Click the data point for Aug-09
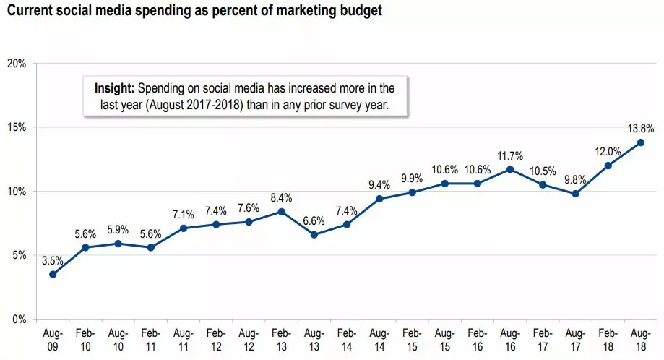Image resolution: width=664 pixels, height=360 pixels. pyautogui.click(x=53, y=274)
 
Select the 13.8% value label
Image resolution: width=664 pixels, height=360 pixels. pyautogui.click(x=641, y=129)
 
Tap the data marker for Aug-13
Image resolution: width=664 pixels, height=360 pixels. pyautogui.click(x=313, y=234)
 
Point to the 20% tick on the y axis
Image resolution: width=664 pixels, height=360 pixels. pyautogui.click(x=17, y=64)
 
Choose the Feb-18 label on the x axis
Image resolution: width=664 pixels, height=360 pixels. pyautogui.click(x=608, y=340)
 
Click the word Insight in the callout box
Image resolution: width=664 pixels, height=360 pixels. pyautogui.click(x=114, y=89)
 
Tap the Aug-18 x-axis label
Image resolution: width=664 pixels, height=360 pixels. pyautogui.click(x=640, y=340)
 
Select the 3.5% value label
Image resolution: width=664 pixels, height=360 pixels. pyautogui.click(x=53, y=260)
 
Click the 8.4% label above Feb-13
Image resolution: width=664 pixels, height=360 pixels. pyautogui.click(x=281, y=197)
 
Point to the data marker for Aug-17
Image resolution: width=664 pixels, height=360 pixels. pyautogui.click(x=576, y=194)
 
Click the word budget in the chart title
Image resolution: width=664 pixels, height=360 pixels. pyautogui.click(x=360, y=12)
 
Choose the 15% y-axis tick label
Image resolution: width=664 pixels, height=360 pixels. pyautogui.click(x=17, y=127)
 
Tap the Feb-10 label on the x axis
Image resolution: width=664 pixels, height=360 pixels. pyautogui.click(x=85, y=340)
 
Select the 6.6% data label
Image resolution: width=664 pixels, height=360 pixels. pyautogui.click(x=314, y=220)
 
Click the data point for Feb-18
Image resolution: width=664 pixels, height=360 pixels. pyautogui.click(x=608, y=166)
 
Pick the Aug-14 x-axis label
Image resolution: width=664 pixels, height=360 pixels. pyautogui.click(x=379, y=340)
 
